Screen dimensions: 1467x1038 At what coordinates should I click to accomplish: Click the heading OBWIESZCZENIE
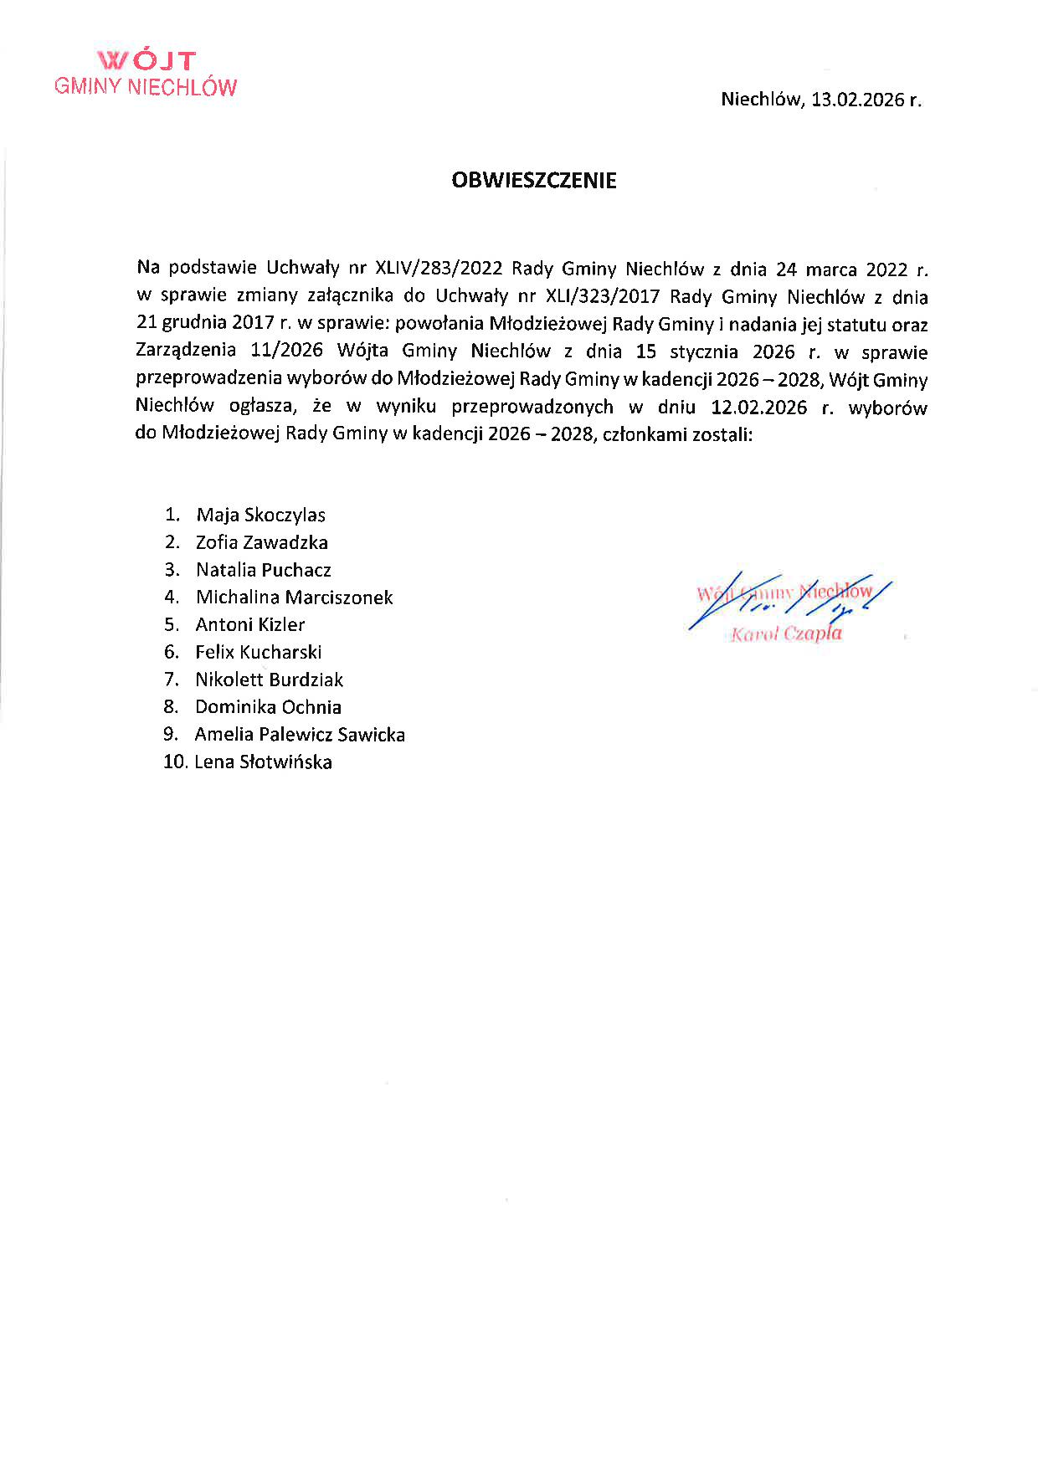tap(533, 181)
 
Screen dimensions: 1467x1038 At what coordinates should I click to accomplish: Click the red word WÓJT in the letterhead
tap(146, 61)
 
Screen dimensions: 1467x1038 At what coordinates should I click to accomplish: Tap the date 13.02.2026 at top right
tap(858, 100)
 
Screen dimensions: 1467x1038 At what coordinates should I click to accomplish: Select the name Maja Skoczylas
tap(260, 515)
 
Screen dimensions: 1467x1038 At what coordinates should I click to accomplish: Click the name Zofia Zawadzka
tap(261, 542)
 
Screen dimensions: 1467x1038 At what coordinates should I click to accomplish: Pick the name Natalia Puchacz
tap(263, 570)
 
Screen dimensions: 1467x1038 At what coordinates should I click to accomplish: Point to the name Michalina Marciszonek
tap(294, 598)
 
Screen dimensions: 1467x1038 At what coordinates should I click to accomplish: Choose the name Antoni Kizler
tap(249, 624)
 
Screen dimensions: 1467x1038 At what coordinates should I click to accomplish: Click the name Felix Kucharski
tap(258, 652)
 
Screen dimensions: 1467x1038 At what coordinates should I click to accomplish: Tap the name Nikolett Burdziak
tap(269, 680)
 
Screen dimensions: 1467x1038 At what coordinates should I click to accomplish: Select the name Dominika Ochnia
tap(268, 707)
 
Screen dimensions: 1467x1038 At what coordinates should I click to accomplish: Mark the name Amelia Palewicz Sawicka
tap(300, 735)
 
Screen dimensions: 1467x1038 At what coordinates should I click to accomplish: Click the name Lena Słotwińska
tap(263, 762)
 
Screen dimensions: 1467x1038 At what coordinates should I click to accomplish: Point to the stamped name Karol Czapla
tap(786, 634)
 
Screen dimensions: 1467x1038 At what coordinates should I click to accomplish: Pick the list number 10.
tap(174, 762)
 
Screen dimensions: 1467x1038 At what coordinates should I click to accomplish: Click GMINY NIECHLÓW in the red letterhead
tap(146, 87)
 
